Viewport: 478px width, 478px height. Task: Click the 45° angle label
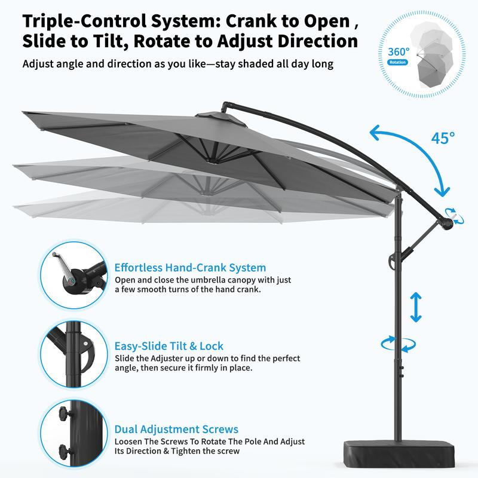pos(443,138)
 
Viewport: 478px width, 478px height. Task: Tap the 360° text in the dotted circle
pos(399,52)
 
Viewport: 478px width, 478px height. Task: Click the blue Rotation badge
pos(397,62)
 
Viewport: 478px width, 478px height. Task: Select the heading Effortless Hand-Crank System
pos(190,268)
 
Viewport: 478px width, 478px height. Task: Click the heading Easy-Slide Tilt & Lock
pos(168,346)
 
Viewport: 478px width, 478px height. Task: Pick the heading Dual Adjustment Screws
pos(176,429)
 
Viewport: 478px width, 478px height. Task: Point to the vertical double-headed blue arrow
pos(416,307)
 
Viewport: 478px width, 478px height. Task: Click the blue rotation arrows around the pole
pos(399,344)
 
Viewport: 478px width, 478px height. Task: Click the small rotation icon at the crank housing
pos(454,216)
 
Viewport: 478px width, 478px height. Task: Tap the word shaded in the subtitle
pos(258,64)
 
